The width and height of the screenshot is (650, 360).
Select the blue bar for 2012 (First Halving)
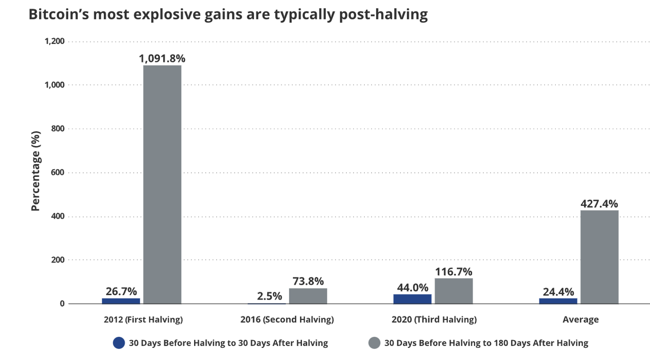(121, 301)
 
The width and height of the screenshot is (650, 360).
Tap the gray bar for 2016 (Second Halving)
(308, 296)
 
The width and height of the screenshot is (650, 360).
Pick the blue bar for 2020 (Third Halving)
(412, 299)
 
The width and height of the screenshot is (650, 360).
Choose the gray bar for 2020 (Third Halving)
(454, 291)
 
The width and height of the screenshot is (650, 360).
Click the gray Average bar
(599, 257)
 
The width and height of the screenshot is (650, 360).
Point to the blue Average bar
(558, 301)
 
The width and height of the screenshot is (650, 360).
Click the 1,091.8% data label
(162, 59)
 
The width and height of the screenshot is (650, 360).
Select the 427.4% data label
(599, 203)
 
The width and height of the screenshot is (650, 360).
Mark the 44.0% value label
(412, 287)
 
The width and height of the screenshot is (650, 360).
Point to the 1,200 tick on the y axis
(55, 41)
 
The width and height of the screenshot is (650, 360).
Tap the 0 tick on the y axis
(62, 304)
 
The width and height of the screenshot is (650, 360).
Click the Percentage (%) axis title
(36, 171)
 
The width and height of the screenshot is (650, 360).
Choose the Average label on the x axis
(580, 320)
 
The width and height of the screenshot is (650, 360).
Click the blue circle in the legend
(119, 343)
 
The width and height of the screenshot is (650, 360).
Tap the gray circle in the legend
(375, 343)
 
